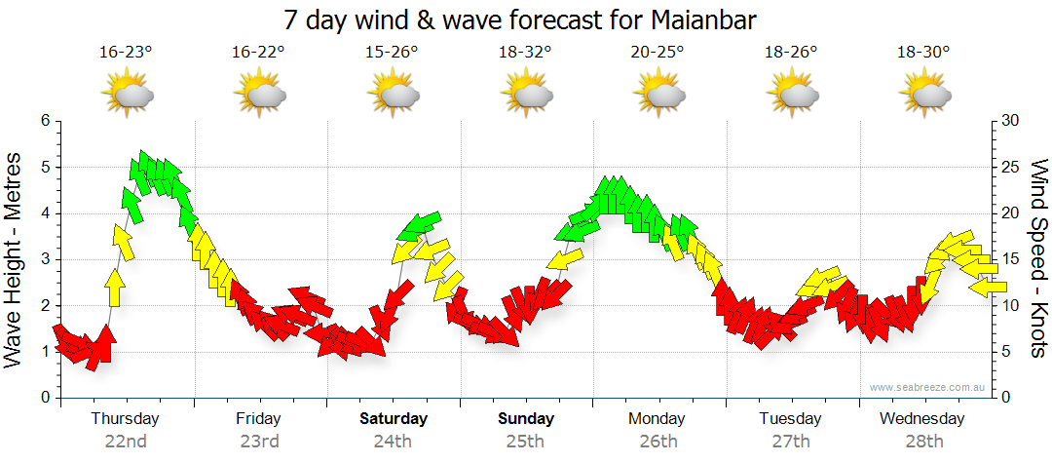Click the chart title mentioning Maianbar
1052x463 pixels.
[x=520, y=19]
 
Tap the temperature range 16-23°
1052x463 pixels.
[x=126, y=53]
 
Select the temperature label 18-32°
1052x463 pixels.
[x=526, y=53]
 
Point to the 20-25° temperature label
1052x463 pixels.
[x=659, y=53]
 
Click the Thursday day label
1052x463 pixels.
[x=126, y=419]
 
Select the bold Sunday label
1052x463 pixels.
[x=526, y=419]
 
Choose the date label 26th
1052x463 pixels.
[x=659, y=441]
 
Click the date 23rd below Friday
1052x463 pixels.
[x=259, y=441]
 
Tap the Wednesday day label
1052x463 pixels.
[x=921, y=419]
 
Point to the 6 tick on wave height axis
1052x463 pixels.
[x=44, y=121]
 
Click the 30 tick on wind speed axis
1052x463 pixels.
[x=1009, y=121]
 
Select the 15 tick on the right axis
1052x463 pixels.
[x=1009, y=259]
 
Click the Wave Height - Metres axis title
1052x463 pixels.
[x=15, y=258]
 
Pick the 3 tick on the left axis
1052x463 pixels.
[x=44, y=259]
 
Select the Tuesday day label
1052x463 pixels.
[x=790, y=419]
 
